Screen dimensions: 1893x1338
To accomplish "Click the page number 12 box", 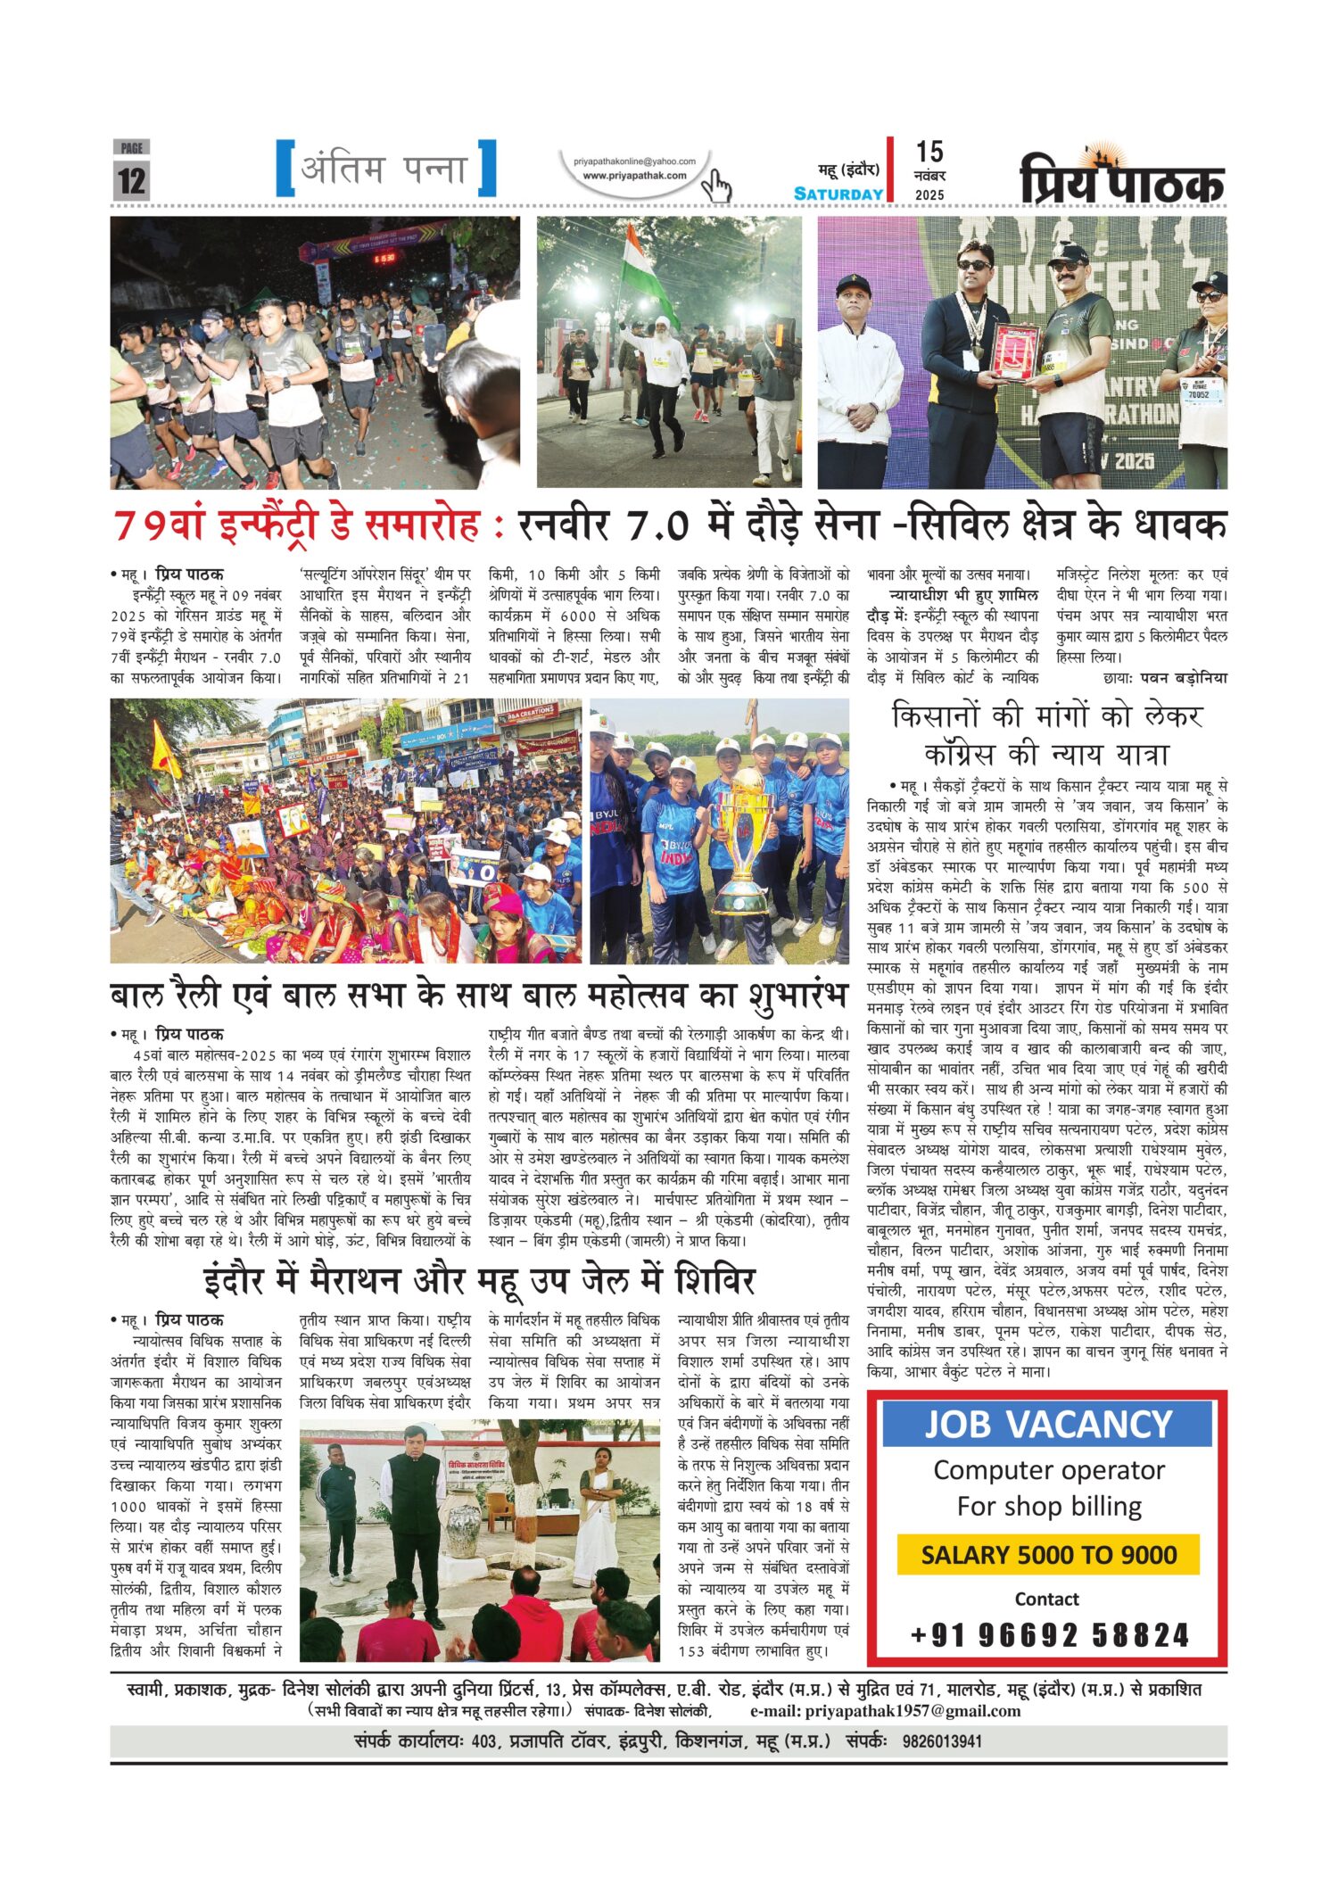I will (x=131, y=179).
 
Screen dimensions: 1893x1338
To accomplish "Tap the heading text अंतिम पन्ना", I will (x=385, y=169).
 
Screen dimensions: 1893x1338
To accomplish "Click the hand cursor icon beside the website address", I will (x=715, y=186).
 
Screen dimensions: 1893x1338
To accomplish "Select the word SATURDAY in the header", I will (x=838, y=194).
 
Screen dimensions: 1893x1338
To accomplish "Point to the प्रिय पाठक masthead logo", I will (x=1122, y=179).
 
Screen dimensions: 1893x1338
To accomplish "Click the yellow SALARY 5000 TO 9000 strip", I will (x=1048, y=1554).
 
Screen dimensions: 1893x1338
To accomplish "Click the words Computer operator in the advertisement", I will (x=1049, y=1470).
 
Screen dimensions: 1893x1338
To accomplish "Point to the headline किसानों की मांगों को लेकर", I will (x=1047, y=715).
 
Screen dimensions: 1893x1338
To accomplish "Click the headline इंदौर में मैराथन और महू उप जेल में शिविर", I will (x=479, y=1281).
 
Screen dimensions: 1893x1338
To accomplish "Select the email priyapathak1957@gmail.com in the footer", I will (x=912, y=1710).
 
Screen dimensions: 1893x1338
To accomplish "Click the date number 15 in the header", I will (x=929, y=152).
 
